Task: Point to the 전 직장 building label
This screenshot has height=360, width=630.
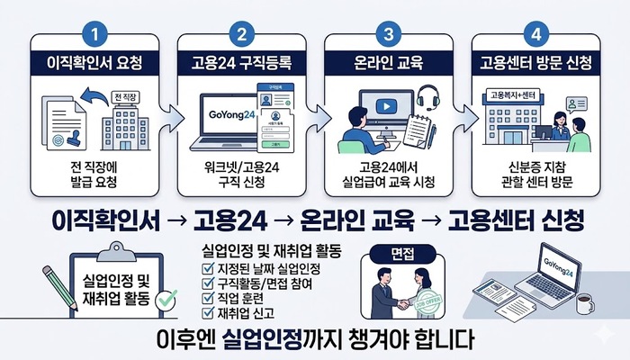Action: [x=124, y=96]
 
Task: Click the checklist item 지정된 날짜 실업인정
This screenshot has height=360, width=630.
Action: [x=266, y=268]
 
